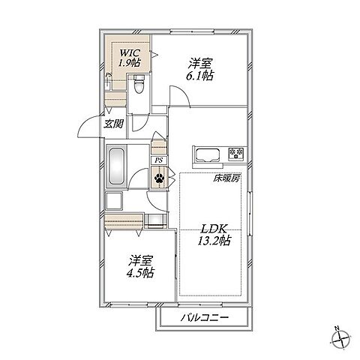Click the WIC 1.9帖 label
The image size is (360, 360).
129,58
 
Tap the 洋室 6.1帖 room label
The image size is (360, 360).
199,69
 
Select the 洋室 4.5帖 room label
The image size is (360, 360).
140,266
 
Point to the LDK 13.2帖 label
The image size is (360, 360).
214,235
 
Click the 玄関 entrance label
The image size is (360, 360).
114,124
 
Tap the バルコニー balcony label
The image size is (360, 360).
205,318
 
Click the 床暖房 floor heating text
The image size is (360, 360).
226,178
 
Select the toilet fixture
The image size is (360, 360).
139,84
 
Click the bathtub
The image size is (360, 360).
117,166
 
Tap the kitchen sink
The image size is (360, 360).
208,156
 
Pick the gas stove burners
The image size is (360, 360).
236,153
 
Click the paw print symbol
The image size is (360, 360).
159,178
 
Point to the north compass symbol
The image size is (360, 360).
340,340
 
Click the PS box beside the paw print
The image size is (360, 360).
159,160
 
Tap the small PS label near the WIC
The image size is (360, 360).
108,75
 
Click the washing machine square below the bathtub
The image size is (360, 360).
114,201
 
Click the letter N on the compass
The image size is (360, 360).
337,328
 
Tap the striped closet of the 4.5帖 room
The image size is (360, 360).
124,222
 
